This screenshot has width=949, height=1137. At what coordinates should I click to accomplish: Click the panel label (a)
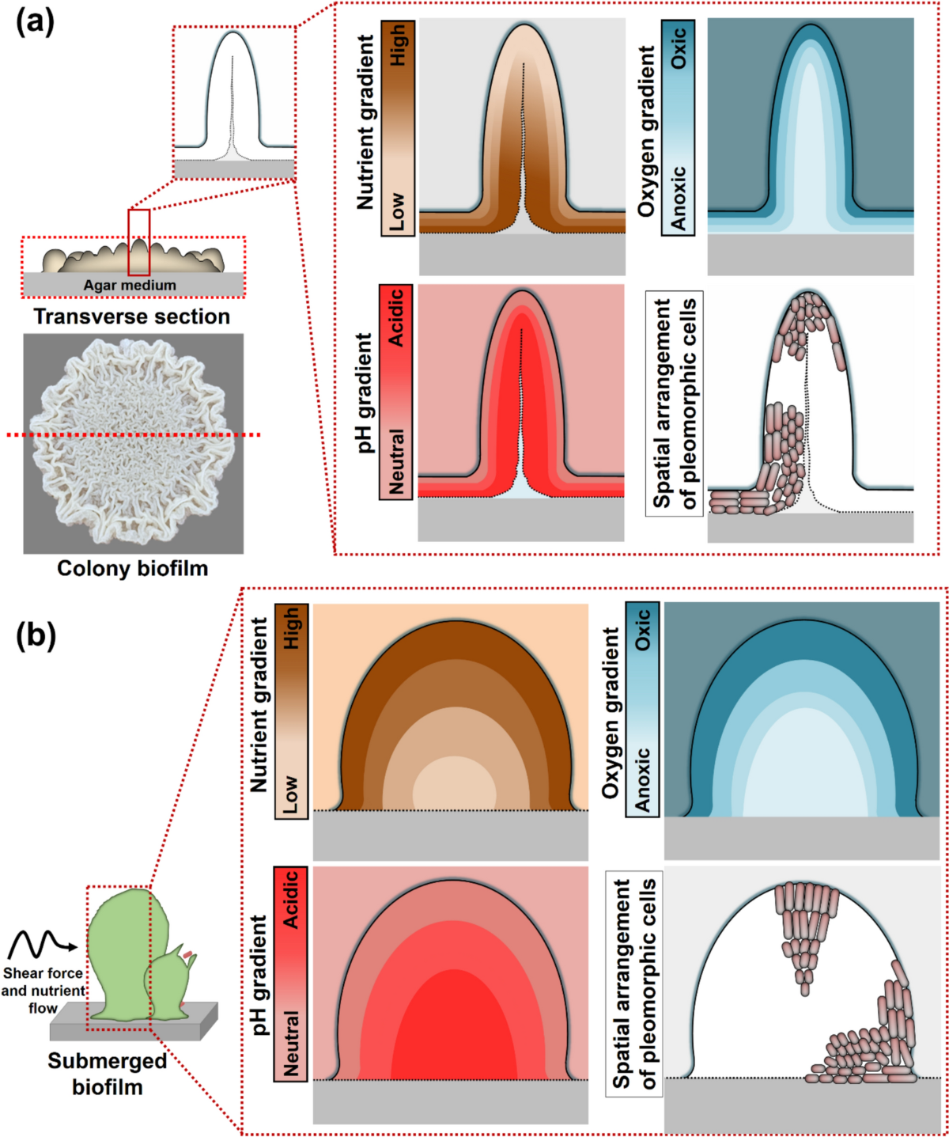[36, 22]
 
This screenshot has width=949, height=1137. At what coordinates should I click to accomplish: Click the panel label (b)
[36, 635]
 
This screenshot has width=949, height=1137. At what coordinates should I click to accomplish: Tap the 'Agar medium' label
[130, 285]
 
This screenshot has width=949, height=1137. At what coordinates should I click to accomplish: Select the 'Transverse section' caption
[132, 316]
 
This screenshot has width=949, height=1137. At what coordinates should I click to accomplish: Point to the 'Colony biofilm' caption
[132, 568]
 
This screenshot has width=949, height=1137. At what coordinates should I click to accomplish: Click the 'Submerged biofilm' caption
[107, 1074]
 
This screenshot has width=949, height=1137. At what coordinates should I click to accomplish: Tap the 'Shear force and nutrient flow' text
[43, 991]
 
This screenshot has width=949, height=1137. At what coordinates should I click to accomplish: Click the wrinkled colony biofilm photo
[133, 443]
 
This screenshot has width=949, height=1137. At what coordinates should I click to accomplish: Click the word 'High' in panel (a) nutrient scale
[397, 44]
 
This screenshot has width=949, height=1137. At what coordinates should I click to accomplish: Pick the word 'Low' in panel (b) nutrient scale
[291, 795]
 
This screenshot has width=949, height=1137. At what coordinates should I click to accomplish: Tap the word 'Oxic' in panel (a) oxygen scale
[678, 48]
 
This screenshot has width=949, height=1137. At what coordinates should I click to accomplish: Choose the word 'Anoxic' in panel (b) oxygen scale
[642, 779]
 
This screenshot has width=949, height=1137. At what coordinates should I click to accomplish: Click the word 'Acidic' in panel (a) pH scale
[396, 316]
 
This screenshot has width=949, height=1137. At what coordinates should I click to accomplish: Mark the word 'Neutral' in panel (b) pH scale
[291, 1043]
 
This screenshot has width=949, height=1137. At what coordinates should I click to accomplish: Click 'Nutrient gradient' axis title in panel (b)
[259, 704]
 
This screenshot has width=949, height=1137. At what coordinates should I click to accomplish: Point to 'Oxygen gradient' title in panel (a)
[648, 131]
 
